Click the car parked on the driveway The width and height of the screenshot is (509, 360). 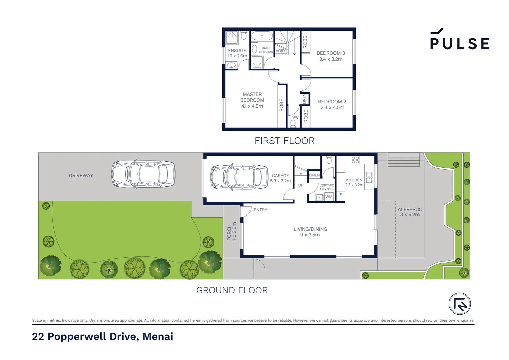pyautogui.click(x=143, y=174)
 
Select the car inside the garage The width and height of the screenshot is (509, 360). pyautogui.click(x=239, y=177)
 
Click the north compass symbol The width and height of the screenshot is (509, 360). pyautogui.click(x=460, y=304)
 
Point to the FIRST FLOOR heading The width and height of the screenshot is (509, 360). pyautogui.click(x=284, y=141)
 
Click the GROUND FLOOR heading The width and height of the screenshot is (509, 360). pyautogui.click(x=232, y=290)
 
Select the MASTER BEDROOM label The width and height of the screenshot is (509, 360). pyautogui.click(x=252, y=97)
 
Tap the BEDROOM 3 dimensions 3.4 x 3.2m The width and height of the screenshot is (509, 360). pyautogui.click(x=331, y=59)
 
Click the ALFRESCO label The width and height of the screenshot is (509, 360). pyautogui.click(x=410, y=209)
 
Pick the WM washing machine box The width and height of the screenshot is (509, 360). pyautogui.click(x=329, y=197)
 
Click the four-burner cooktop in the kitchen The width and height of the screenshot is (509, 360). pyautogui.click(x=355, y=160)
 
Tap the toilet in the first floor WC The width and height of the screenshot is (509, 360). pyautogui.click(x=293, y=124)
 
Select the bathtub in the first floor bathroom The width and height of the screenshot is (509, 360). pyautogui.click(x=262, y=36)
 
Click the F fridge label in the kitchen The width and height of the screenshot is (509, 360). pyautogui.click(x=340, y=195)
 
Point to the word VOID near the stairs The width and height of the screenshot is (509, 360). pyautogui.click(x=280, y=51)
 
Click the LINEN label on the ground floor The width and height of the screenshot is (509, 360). pyautogui.click(x=314, y=175)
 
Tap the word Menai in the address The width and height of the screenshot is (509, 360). pyautogui.click(x=158, y=336)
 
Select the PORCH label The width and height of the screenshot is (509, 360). pyautogui.click(x=229, y=232)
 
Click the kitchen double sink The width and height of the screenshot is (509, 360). pyautogui.click(x=369, y=177)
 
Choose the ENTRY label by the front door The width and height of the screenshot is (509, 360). pyautogui.click(x=260, y=210)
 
